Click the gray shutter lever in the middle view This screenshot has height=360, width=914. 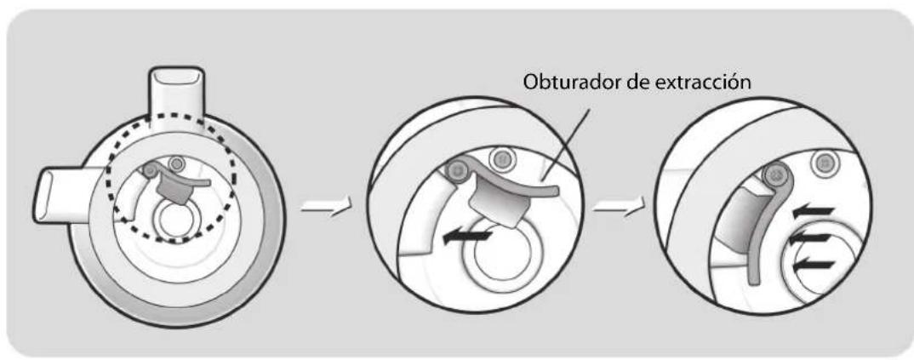[x=511, y=192]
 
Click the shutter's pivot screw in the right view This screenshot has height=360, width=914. [x=776, y=175]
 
